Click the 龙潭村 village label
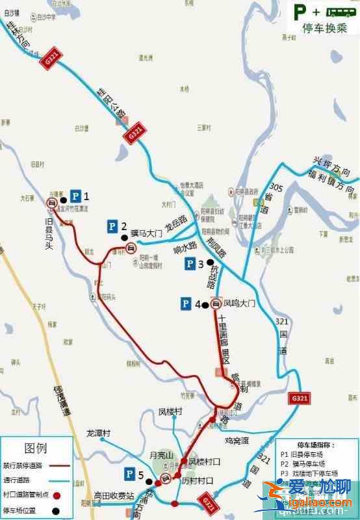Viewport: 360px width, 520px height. (x=99, y=432)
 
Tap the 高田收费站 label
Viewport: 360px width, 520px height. (x=112, y=494)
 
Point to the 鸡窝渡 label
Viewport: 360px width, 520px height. (x=237, y=440)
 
